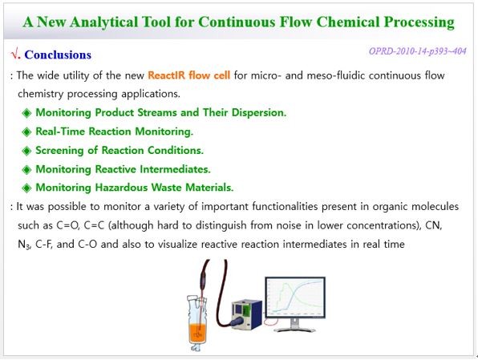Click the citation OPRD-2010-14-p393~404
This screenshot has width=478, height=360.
417,51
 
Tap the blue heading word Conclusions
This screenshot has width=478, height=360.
58,55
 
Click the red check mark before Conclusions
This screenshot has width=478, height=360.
14,55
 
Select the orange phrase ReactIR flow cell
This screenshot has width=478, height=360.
188,75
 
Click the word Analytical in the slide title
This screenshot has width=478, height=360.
103,22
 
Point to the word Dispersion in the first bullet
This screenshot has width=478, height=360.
259,112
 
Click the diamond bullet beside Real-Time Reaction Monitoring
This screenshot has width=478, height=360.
26,132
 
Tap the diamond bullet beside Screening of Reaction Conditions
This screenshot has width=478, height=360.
26,151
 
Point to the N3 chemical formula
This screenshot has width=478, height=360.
23,245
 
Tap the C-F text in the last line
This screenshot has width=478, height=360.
44,245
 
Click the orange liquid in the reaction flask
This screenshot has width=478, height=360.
197,334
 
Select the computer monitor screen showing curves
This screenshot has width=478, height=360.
295,297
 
